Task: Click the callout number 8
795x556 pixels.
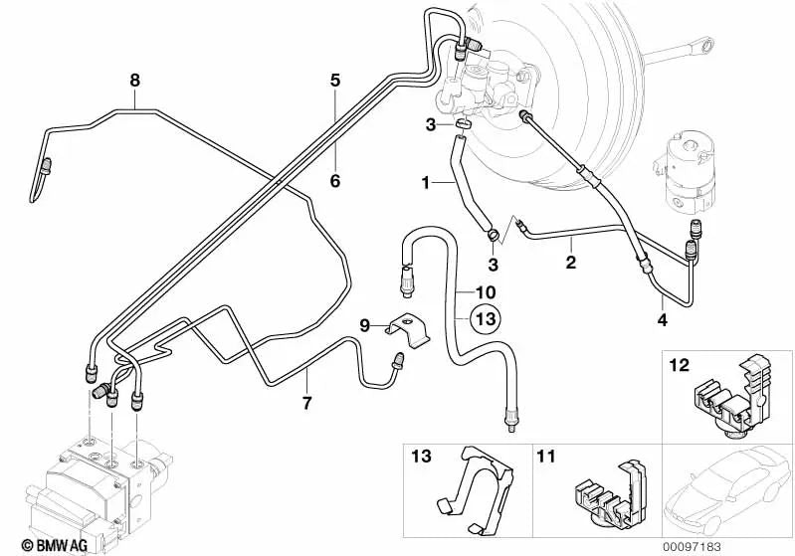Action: pos(135,79)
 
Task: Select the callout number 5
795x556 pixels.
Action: pos(335,79)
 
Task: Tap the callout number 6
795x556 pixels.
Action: pos(335,180)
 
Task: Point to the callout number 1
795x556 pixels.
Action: pos(425,183)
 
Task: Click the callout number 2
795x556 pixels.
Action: pos(570,264)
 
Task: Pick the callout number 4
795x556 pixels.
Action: pos(662,319)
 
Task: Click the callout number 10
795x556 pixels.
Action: pos(485,292)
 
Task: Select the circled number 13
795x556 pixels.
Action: pos(485,319)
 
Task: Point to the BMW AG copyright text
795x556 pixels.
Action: pos(38,542)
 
